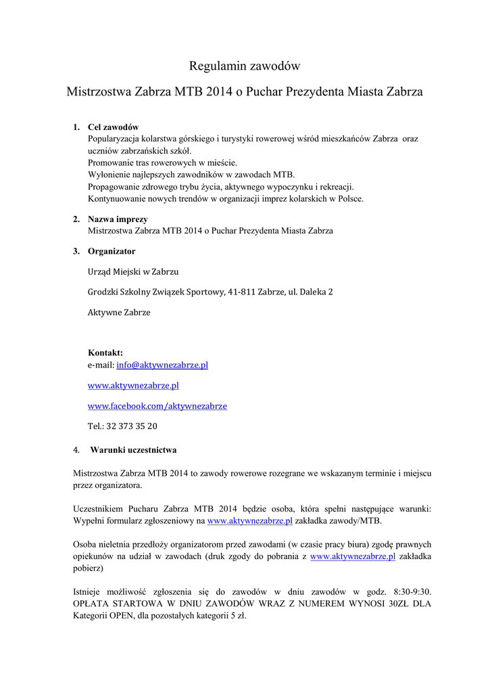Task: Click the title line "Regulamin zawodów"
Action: pos(244,66)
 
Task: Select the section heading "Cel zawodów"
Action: pos(113,127)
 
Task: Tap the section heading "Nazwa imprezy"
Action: pos(118,219)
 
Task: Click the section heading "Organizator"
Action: pos(112,251)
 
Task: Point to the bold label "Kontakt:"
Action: pos(105,353)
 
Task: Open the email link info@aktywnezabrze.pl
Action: pos(162,365)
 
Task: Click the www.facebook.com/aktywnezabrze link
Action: pos(157,406)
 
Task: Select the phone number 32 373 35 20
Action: pos(132,426)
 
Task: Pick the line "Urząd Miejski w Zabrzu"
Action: pos(133,271)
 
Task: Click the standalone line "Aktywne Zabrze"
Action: pos(119,313)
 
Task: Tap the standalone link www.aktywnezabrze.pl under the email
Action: pos(133,385)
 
